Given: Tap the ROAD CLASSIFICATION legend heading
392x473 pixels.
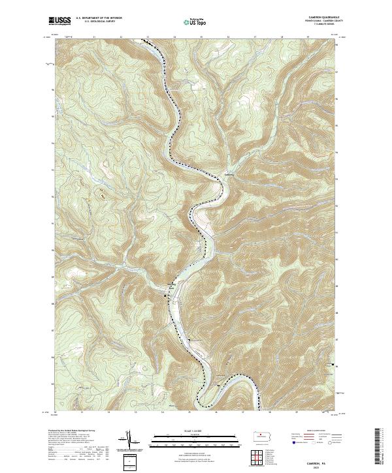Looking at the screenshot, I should (316, 431).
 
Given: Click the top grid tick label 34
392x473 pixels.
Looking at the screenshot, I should (174, 37).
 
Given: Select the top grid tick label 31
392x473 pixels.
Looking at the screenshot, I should (95, 37).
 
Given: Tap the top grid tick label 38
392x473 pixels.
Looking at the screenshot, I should (282, 37).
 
